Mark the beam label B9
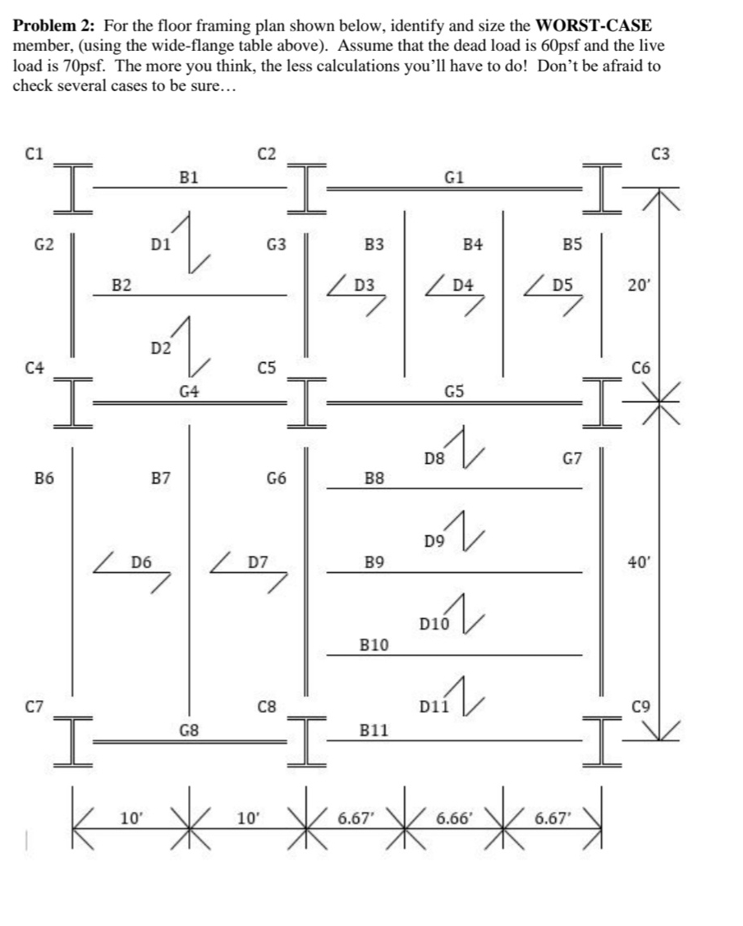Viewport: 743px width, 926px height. [x=374, y=563]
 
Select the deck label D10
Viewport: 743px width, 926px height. [x=433, y=625]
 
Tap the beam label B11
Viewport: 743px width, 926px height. [x=374, y=729]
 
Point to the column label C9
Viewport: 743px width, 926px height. [x=640, y=704]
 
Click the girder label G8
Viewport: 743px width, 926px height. [x=189, y=729]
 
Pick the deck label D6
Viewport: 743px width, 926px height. [x=141, y=563]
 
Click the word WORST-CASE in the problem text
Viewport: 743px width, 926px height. [x=587, y=26]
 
